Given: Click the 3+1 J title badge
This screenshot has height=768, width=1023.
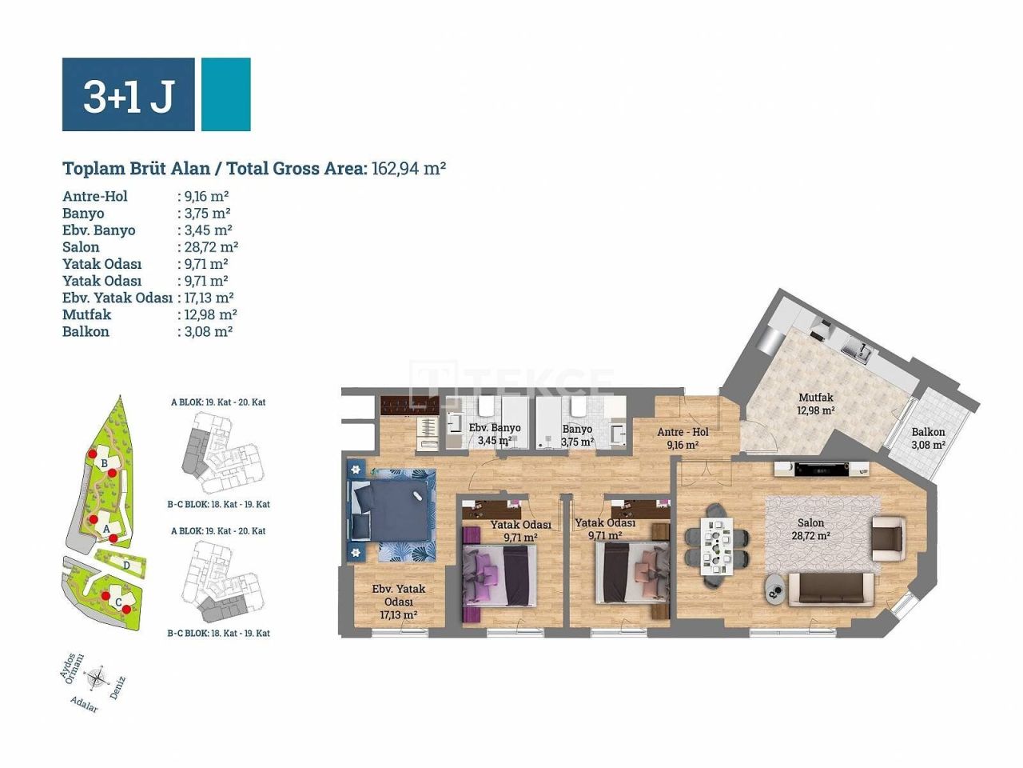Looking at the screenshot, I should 129,94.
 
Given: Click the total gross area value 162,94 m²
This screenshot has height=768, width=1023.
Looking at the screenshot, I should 408,168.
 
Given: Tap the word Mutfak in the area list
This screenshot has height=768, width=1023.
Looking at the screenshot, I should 86,314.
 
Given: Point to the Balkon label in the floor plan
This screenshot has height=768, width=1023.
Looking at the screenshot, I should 928,432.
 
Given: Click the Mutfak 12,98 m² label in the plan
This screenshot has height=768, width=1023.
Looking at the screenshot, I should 815,404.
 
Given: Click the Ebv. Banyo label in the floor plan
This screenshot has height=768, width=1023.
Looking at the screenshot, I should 495,428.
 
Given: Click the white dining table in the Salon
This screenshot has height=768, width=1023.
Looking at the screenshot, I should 717,546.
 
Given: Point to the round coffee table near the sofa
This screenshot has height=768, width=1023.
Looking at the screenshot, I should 775,590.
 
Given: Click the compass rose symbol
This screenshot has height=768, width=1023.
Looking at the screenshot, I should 98,678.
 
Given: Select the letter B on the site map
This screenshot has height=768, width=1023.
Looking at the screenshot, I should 104,463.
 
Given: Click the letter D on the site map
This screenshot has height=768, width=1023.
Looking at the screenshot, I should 128,564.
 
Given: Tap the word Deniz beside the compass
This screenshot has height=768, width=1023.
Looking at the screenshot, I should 117,688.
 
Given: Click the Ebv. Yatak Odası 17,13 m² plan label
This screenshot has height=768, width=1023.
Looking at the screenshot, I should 399,602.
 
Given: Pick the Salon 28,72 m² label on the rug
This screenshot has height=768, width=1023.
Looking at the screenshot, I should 810,530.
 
